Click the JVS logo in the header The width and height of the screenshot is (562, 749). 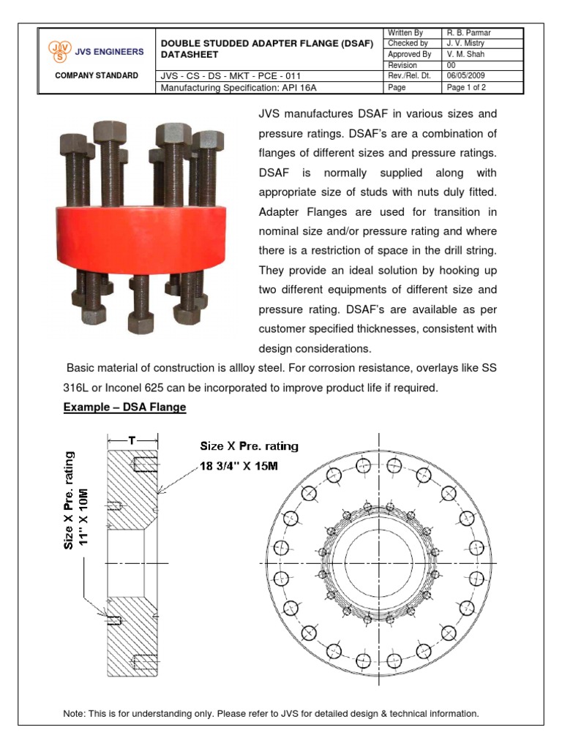[57, 50]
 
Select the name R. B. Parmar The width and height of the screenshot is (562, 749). [469, 33]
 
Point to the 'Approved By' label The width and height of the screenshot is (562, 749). [409, 54]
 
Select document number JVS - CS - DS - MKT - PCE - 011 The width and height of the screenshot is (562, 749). [230, 75]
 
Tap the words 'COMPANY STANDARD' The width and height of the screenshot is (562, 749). [97, 75]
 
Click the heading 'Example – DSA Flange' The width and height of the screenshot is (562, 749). [124, 407]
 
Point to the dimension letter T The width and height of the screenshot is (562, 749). [132, 440]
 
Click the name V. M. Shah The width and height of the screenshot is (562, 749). [466, 54]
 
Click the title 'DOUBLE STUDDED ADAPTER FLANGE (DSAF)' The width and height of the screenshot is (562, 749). [266, 44]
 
